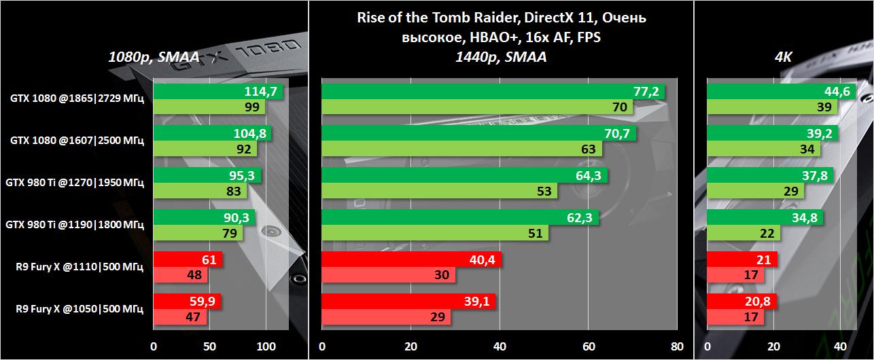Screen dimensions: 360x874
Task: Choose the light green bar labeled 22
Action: point(734,233)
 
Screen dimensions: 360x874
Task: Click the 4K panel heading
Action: point(784,58)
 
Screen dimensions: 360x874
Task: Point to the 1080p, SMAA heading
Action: point(154,58)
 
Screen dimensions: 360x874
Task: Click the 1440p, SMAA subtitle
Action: point(501,58)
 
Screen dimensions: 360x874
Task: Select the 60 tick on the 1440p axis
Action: point(588,346)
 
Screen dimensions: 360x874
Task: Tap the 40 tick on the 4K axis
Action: point(839,346)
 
